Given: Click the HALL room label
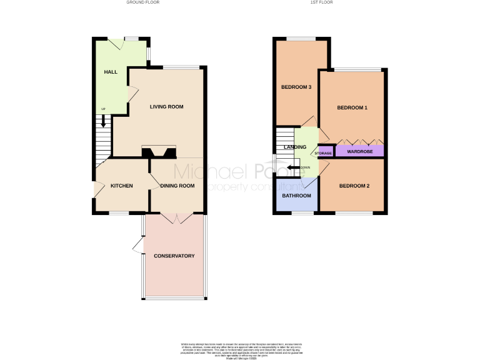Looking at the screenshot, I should (x=111, y=72).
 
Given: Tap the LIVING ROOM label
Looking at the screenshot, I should (x=166, y=107).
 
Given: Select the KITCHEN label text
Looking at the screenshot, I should (x=121, y=186).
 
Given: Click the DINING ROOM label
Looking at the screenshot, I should (x=177, y=186).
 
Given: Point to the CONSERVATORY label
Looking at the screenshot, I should (x=174, y=256).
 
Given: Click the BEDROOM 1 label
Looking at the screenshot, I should (x=352, y=107).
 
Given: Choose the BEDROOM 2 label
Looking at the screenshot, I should (x=354, y=186).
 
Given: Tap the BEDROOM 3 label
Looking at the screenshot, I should (x=296, y=87).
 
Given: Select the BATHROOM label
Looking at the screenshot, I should (x=296, y=196).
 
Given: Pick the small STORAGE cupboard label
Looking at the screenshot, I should (x=323, y=153).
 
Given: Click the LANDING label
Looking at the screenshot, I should (x=295, y=147).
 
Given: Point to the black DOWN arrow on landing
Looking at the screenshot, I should (x=294, y=167).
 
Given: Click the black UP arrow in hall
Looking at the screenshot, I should (x=104, y=121).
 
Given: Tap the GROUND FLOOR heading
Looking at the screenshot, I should (x=143, y=2).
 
